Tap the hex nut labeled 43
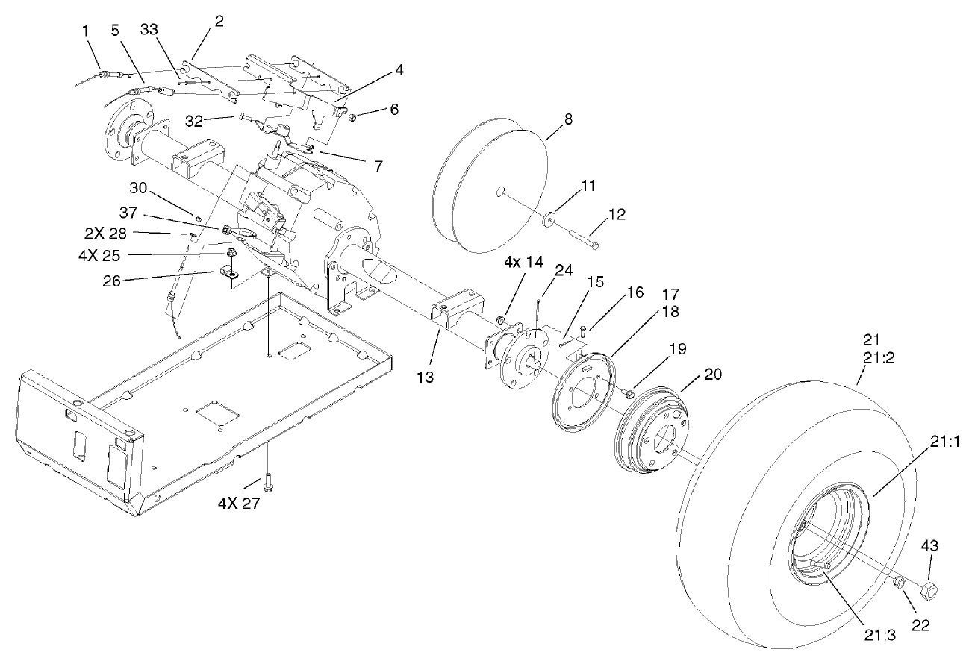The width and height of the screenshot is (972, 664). coord(929,592)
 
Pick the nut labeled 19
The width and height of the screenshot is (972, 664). coord(630,392)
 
